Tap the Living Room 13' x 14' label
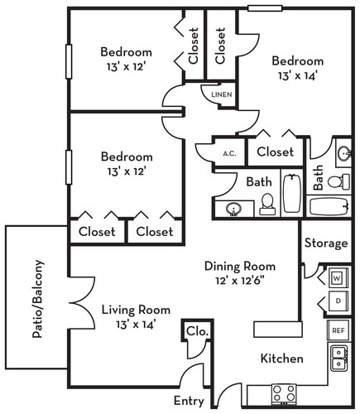coord(130,316)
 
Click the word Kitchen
coord(281,359)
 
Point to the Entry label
coord(189,401)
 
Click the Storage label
coord(324,243)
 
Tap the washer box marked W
coord(337,277)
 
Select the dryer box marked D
coord(337,300)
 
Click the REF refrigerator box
coord(338,330)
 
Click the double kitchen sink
coord(338,358)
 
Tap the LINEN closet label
coord(221,94)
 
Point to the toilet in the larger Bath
coord(266,201)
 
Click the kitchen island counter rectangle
coord(276,329)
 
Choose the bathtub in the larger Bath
coord(292,193)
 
